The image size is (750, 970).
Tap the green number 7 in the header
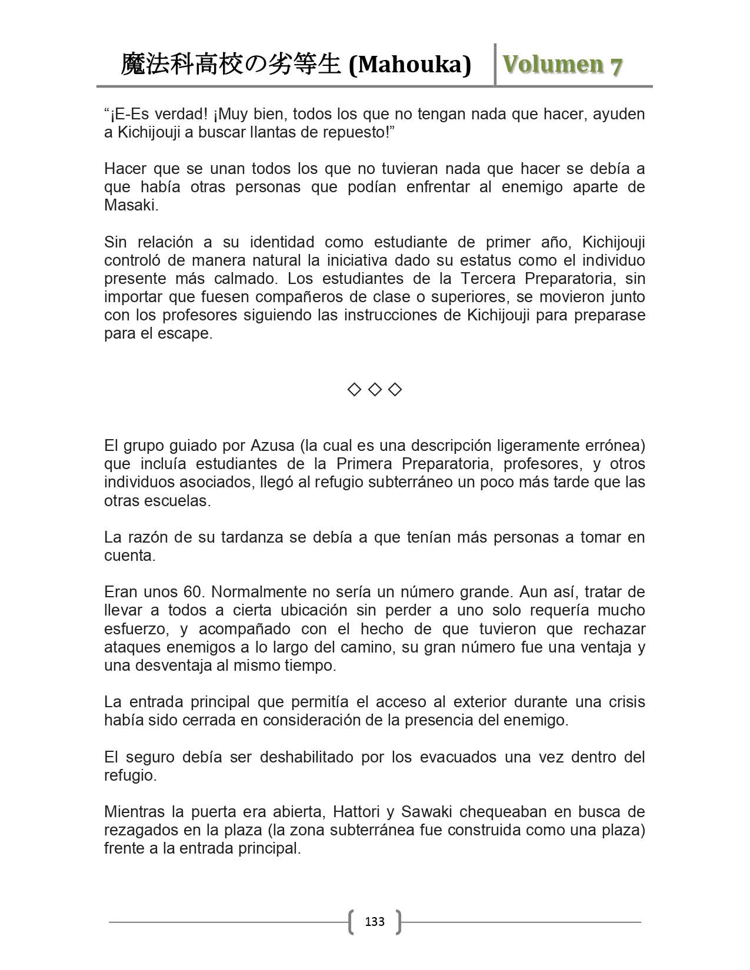point(615,66)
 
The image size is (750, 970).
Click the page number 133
point(375,921)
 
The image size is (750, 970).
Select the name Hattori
point(357,812)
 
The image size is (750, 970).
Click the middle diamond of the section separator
point(375,389)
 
